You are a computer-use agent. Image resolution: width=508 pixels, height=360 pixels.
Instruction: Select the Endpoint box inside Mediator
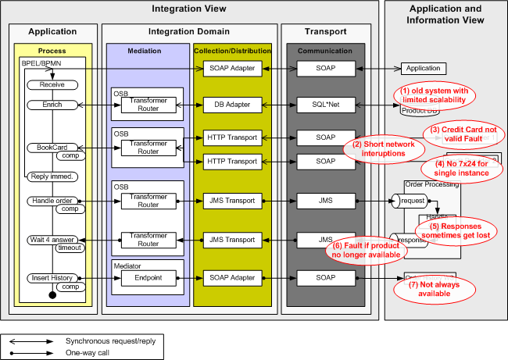coord(148,277)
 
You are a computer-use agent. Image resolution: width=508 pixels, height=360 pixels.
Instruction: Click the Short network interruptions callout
coord(383,148)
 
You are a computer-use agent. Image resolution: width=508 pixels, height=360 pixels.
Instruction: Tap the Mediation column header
coord(144,51)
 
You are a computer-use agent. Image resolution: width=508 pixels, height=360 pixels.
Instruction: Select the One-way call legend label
coord(88,354)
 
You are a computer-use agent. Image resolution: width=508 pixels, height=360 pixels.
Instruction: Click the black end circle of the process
coord(53,295)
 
